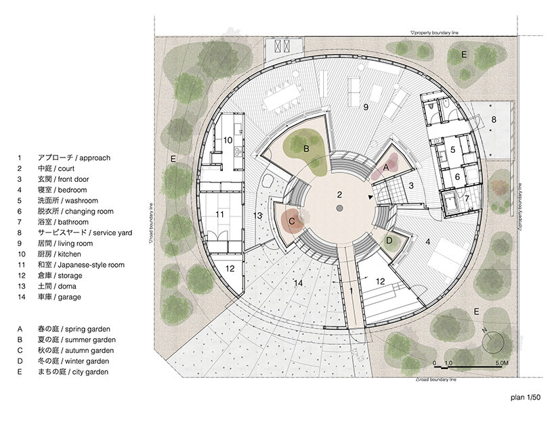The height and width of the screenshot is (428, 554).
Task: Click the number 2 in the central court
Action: click(x=339, y=195)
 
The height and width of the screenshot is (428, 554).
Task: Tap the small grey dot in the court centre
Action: click(x=339, y=208)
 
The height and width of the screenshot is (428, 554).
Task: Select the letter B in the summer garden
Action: click(x=306, y=147)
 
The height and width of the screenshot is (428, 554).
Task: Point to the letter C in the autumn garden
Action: click(x=292, y=220)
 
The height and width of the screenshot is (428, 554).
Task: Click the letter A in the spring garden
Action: click(x=387, y=166)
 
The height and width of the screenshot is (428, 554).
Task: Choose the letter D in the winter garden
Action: click(x=389, y=240)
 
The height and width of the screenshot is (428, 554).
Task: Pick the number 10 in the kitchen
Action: click(x=228, y=140)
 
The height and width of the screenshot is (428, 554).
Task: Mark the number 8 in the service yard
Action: click(x=493, y=120)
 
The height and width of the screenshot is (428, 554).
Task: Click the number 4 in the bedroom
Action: click(x=427, y=240)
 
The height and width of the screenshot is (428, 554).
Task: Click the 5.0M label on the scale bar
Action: click(x=502, y=364)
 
